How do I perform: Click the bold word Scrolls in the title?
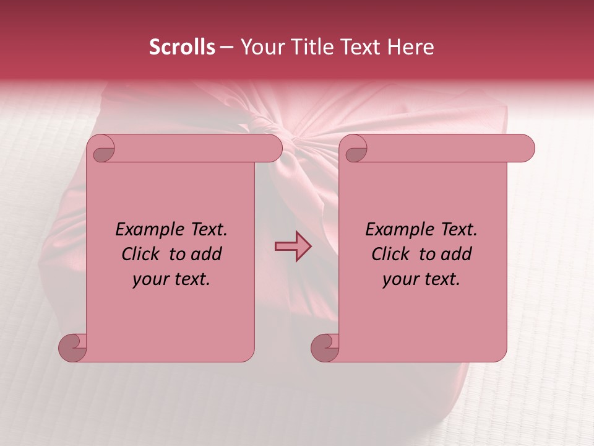[182, 47]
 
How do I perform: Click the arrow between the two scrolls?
[293, 247]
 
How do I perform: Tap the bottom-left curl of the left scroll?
[72, 347]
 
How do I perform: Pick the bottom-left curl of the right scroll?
[324, 347]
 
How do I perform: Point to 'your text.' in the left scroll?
[171, 279]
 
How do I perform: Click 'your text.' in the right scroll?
[421, 279]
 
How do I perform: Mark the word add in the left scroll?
[207, 254]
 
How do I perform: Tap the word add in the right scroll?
[457, 254]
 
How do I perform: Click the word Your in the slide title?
[259, 47]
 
